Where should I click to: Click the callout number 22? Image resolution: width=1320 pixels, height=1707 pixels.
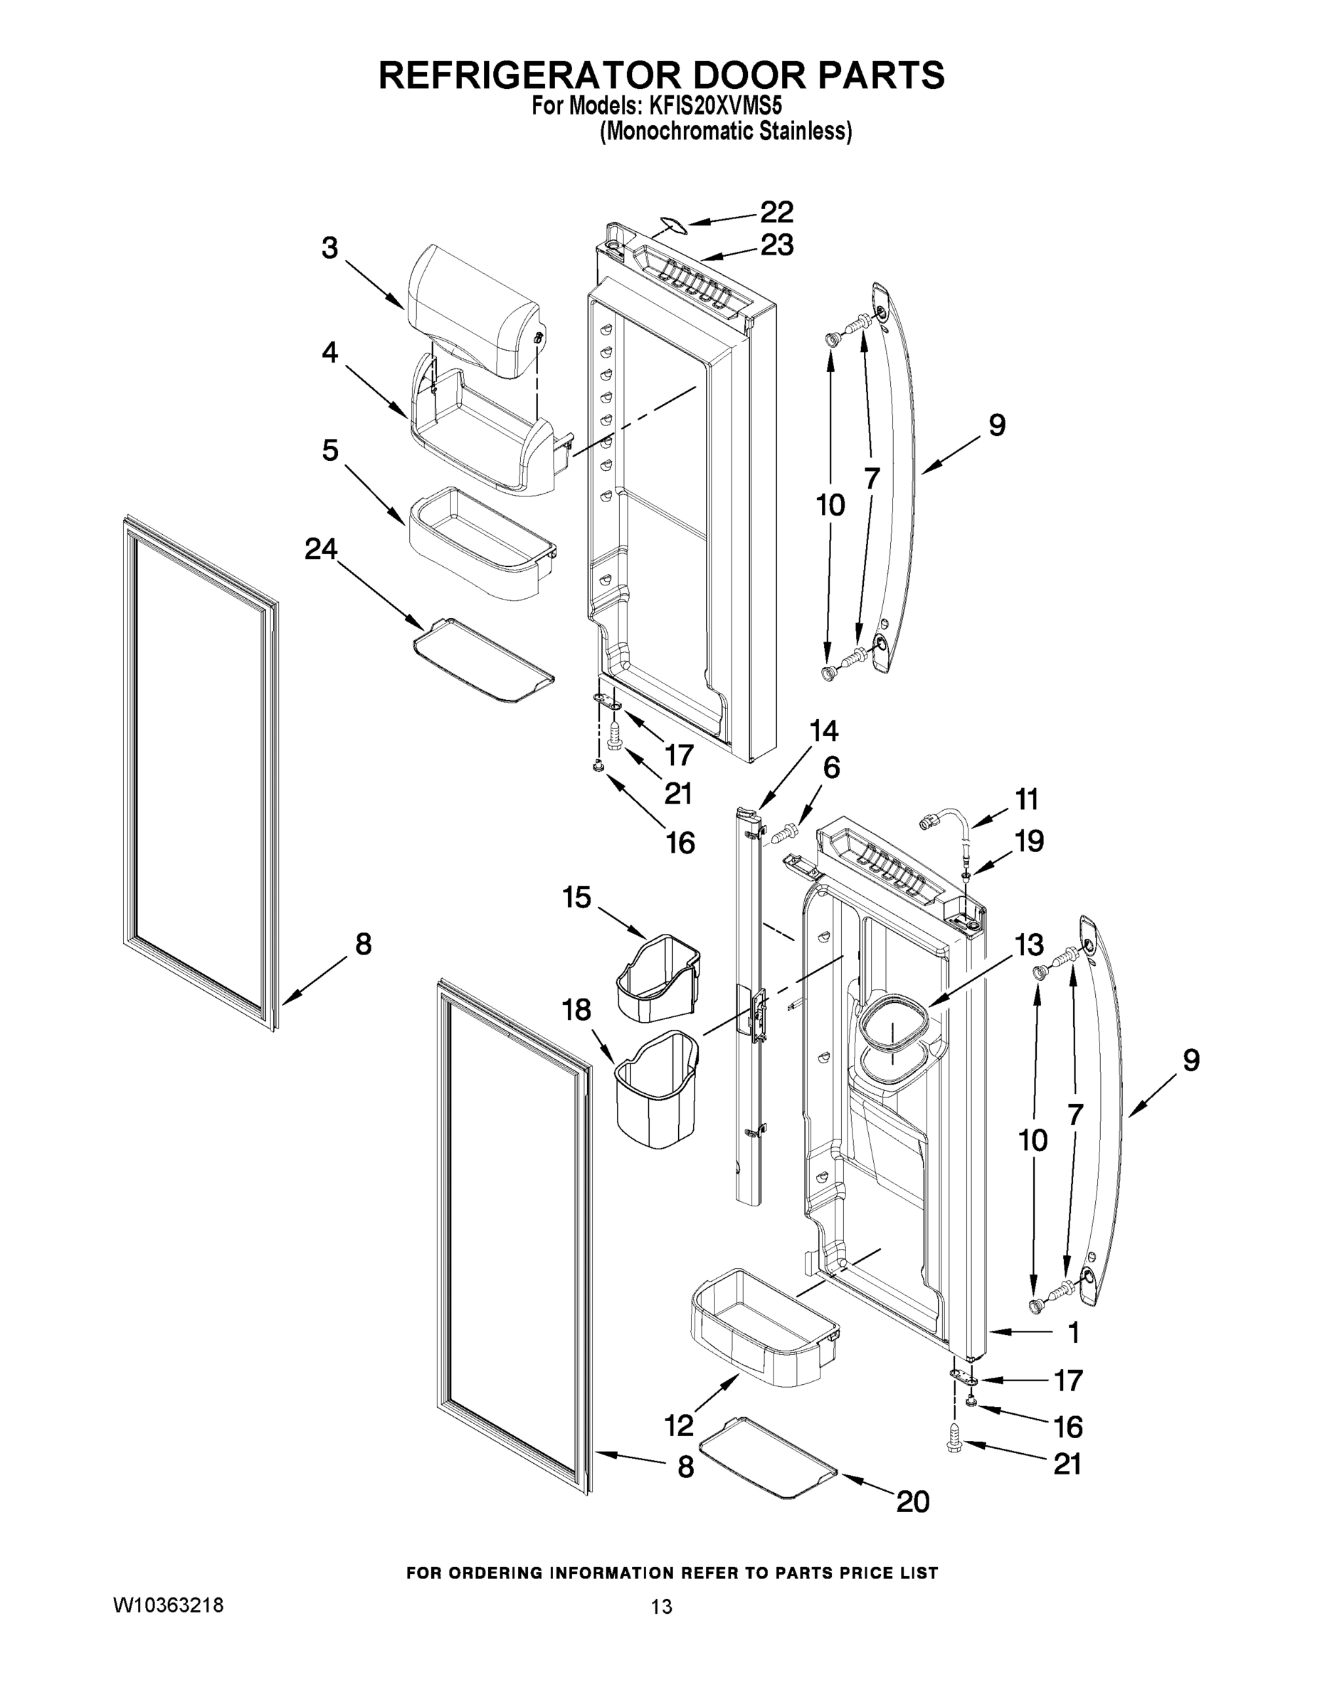click(x=776, y=213)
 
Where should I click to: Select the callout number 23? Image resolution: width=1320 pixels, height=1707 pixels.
click(x=776, y=245)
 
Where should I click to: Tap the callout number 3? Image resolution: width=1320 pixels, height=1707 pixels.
click(x=330, y=248)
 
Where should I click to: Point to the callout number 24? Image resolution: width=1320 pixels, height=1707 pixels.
click(x=321, y=550)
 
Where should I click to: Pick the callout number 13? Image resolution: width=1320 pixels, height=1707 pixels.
click(x=1029, y=945)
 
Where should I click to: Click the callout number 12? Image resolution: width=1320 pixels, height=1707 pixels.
click(x=679, y=1425)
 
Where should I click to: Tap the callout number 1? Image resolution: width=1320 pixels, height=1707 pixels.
click(x=1074, y=1333)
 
